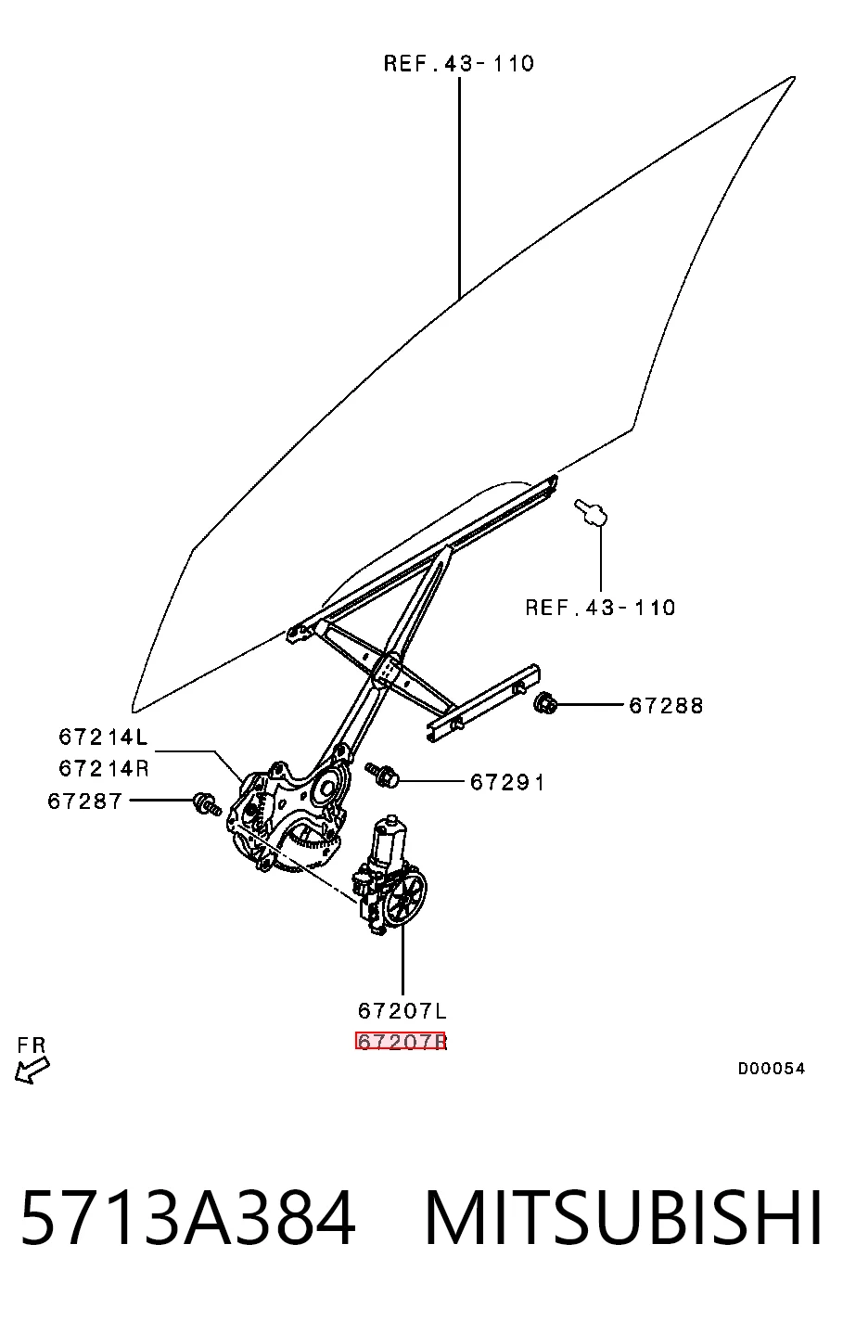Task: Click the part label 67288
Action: (x=666, y=705)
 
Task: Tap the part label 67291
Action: (x=507, y=783)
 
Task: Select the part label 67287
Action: (x=85, y=801)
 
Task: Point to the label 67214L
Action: (x=103, y=737)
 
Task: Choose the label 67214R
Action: (x=104, y=768)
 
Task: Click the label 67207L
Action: (x=402, y=1011)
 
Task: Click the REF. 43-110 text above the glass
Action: (x=459, y=63)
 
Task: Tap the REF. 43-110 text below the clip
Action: (x=600, y=608)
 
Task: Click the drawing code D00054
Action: (x=771, y=1068)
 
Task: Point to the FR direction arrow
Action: (x=32, y=1071)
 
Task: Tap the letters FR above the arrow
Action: (x=32, y=1045)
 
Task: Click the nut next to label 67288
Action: (x=544, y=704)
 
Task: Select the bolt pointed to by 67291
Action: (x=382, y=775)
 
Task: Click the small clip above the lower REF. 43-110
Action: (x=591, y=512)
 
